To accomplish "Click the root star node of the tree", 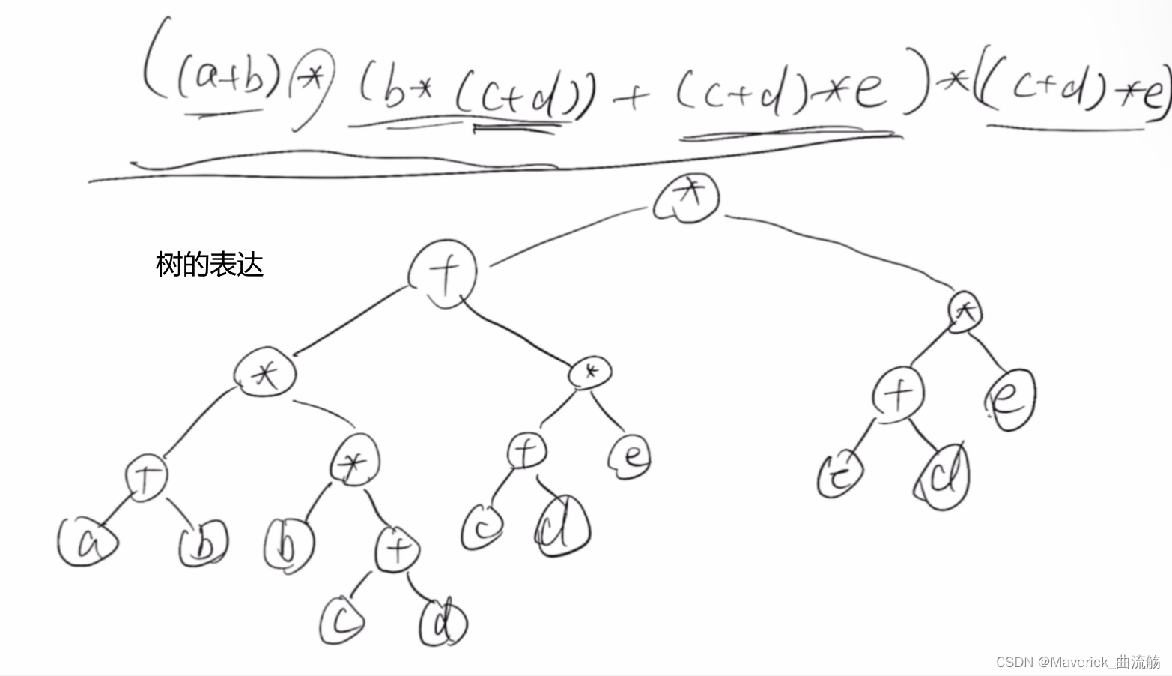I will tap(686, 196).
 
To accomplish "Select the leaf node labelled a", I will tap(87, 541).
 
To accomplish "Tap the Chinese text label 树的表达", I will tap(209, 265).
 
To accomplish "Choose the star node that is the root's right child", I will tap(965, 311).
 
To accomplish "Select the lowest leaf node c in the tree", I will tap(342, 620).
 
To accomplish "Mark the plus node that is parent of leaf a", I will tap(146, 477).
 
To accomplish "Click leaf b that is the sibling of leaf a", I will tap(203, 545).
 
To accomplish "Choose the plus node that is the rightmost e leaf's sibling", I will tap(899, 393).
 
